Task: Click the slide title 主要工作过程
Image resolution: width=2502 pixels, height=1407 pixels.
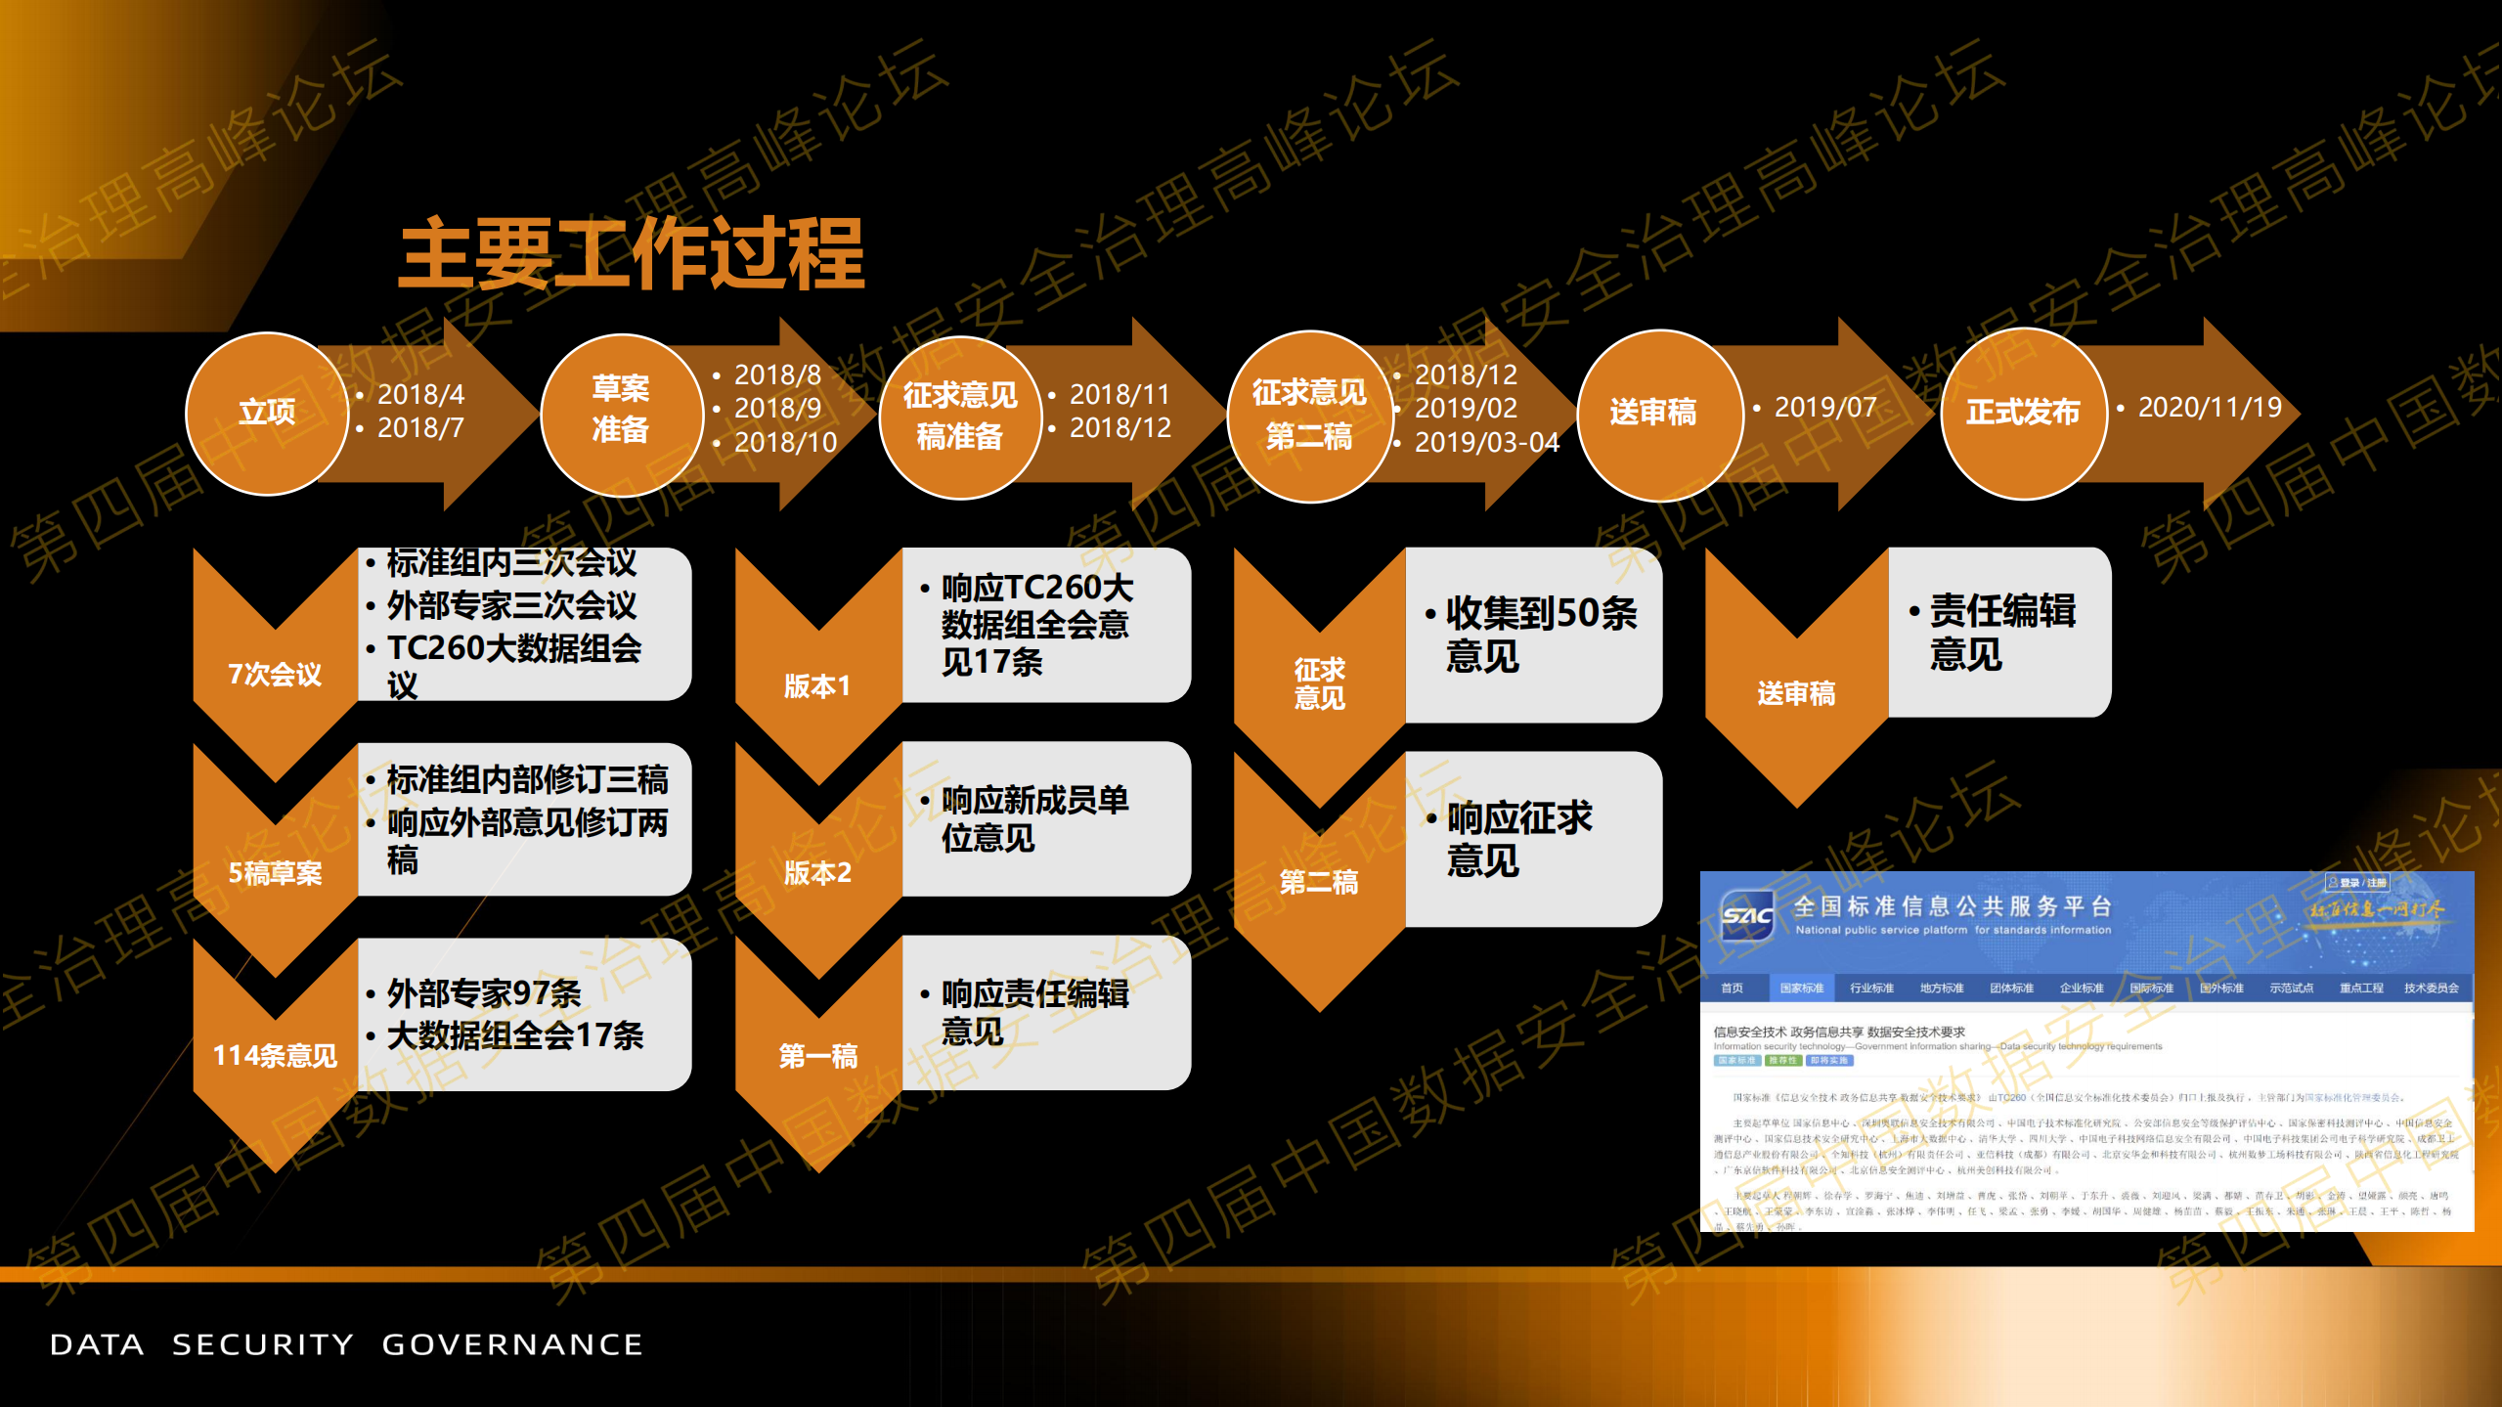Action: point(632,253)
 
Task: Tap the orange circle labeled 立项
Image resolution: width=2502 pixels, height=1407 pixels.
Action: point(267,413)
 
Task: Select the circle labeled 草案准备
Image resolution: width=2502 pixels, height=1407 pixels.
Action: point(621,411)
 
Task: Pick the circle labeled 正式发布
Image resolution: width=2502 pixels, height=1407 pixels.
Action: point(2022,413)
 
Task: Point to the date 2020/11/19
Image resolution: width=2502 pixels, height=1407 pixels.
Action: point(2209,407)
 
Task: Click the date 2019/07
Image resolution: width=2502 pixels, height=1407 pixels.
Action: point(1824,407)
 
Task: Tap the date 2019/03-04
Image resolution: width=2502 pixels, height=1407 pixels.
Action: point(1486,442)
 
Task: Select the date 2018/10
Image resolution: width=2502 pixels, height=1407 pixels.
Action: point(785,442)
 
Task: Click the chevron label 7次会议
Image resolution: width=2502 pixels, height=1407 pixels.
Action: point(275,674)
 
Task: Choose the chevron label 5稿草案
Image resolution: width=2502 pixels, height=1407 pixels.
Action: point(275,872)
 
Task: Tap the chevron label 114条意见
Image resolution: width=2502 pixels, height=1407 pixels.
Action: point(275,1055)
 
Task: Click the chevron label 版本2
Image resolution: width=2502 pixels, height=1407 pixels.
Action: point(817,872)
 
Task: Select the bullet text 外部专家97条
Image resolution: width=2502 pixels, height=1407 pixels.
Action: point(484,993)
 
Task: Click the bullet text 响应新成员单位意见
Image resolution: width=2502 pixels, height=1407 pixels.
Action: point(1034,818)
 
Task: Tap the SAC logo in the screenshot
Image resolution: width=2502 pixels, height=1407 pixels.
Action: point(1747,916)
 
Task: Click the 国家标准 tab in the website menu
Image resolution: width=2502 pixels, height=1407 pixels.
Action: point(1801,988)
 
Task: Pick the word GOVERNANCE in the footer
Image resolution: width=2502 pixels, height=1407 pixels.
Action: point(512,1344)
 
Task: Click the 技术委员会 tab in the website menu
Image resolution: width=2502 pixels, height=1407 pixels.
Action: point(2431,988)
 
